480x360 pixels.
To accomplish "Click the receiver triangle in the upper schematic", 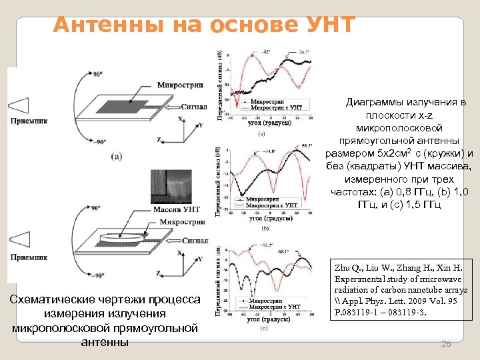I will tap(19, 105).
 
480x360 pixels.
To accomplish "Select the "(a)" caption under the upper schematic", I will tap(116, 157).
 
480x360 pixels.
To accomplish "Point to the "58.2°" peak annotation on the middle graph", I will tap(305, 145).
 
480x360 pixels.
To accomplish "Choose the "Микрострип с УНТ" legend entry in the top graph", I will tap(276, 107).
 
